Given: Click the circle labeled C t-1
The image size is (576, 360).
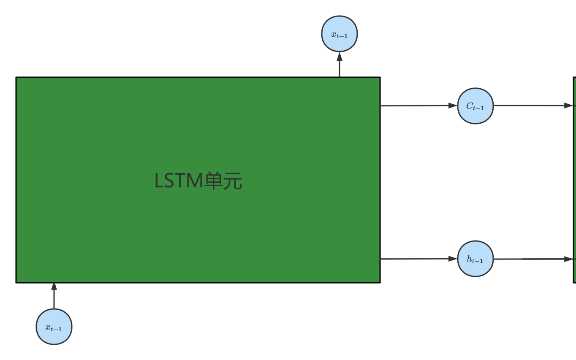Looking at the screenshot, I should [x=475, y=106].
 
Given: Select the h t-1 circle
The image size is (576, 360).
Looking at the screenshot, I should [x=475, y=259].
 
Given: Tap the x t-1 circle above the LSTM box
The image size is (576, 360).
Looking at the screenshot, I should [x=339, y=34].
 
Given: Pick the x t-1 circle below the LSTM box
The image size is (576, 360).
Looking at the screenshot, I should [x=54, y=327].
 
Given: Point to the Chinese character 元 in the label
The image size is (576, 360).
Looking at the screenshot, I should [x=233, y=181].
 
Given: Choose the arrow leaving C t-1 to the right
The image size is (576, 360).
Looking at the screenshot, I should [x=530, y=106].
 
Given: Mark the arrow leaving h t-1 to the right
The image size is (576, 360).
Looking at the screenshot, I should [x=530, y=259].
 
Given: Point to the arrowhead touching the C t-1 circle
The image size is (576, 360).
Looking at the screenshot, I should [x=453, y=106].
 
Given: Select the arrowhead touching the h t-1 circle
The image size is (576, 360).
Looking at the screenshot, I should [x=453, y=259].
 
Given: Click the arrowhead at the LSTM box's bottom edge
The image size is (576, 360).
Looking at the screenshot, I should [x=54, y=286].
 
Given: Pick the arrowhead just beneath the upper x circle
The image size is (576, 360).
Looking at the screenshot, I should [x=339, y=56].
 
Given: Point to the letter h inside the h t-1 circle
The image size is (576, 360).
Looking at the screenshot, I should [x=469, y=258].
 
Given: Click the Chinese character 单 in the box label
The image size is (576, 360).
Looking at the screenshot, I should [x=214, y=181].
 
